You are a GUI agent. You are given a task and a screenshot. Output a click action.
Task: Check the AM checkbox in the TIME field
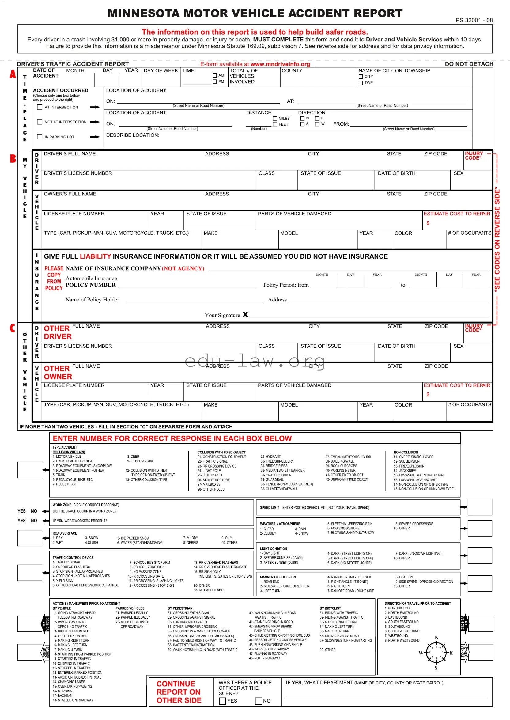(x=215, y=75)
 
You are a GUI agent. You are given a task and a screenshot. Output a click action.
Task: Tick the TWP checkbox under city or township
(x=361, y=83)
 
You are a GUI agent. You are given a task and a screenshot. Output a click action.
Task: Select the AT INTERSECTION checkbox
(x=40, y=108)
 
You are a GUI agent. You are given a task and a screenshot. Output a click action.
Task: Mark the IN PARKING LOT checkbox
(x=40, y=137)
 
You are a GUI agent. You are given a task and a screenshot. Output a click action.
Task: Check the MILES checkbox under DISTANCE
(x=275, y=119)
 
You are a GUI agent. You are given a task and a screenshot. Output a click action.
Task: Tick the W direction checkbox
(x=318, y=124)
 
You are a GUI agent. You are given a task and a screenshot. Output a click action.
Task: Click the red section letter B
(x=13, y=159)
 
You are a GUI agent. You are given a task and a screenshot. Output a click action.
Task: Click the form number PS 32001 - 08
(x=474, y=21)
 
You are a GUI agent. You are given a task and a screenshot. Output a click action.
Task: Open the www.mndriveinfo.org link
(x=280, y=64)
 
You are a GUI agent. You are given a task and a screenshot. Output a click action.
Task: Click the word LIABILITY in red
(x=95, y=256)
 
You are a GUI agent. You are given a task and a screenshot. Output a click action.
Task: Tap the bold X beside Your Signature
(x=245, y=314)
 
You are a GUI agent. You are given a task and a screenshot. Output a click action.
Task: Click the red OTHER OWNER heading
(x=58, y=373)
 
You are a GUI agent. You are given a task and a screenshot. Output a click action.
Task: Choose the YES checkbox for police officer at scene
(x=222, y=701)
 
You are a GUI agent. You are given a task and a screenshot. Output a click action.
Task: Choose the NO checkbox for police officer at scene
(x=259, y=701)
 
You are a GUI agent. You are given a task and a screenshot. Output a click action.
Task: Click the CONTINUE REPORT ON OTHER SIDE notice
(x=178, y=692)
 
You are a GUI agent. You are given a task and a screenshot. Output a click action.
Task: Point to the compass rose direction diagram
(x=436, y=653)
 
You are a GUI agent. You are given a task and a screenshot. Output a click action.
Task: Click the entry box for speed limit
(x=480, y=507)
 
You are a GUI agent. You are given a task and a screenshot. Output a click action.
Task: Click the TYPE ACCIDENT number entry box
(x=29, y=470)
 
